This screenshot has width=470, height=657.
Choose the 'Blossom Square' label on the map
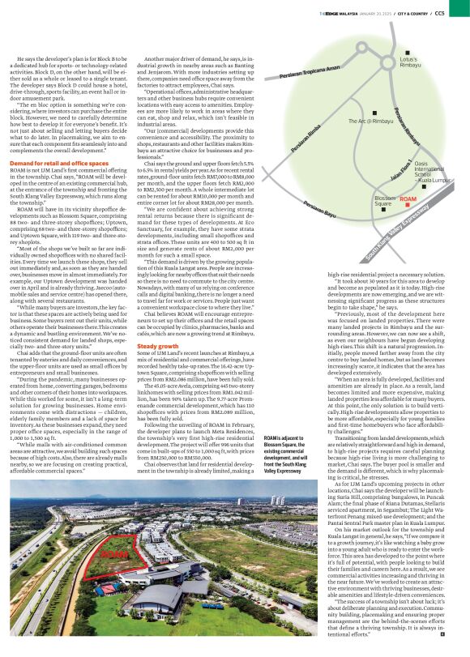click(x=385, y=201)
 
